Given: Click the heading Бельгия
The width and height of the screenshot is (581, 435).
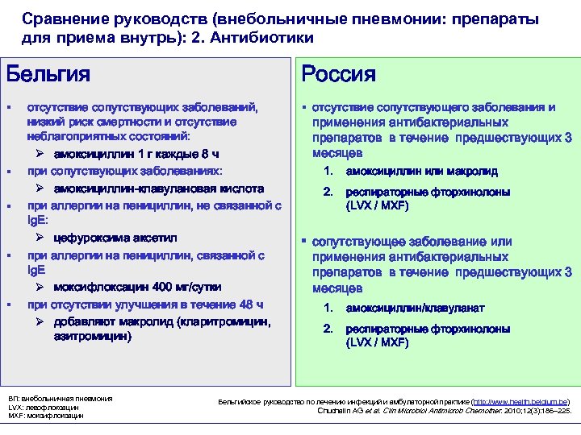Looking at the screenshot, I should pyautogui.click(x=48, y=74).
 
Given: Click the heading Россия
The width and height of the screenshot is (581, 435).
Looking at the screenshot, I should pyautogui.click(x=338, y=74).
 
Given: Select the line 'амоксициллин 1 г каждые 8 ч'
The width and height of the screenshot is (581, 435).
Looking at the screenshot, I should pyautogui.click(x=136, y=154).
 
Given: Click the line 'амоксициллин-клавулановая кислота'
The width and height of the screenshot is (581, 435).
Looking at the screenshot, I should pyautogui.click(x=158, y=188).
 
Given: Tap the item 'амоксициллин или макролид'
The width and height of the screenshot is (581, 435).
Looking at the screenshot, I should pyautogui.click(x=421, y=172).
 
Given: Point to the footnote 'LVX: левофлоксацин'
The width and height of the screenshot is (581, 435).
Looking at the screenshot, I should pyautogui.click(x=44, y=408).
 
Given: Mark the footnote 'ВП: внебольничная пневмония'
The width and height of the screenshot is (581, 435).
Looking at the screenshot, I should pyautogui.click(x=61, y=399).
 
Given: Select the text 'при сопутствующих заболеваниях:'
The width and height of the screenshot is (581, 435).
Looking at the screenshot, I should pyautogui.click(x=124, y=172).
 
